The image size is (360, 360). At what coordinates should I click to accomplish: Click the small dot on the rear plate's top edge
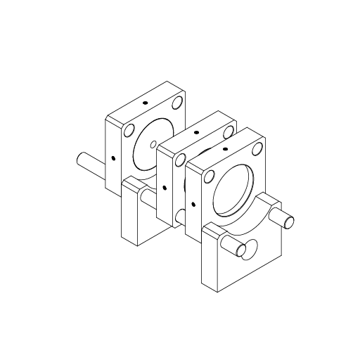click(x=146, y=103)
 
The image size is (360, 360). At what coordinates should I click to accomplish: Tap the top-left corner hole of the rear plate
click(x=128, y=130)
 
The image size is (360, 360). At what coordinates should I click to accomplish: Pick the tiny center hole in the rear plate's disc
click(x=153, y=145)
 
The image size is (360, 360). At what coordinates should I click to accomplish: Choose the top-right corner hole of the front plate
click(x=257, y=148)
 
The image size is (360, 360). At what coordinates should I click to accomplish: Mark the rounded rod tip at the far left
click(x=79, y=160)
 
